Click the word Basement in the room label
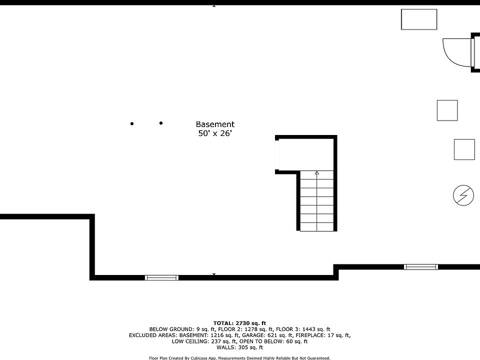point(215,124)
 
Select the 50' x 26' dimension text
point(215,133)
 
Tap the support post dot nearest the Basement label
point(161,123)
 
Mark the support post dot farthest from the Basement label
point(132,123)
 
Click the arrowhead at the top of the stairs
point(317,173)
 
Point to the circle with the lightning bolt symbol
point(463,195)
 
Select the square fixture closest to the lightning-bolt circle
point(464,149)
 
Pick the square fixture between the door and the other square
point(447,110)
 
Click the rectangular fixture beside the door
point(419,19)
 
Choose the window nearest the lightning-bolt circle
point(420,267)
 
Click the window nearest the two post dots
point(161,277)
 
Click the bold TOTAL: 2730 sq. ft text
point(239,323)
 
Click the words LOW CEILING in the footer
point(188,341)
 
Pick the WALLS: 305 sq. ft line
point(239,347)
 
